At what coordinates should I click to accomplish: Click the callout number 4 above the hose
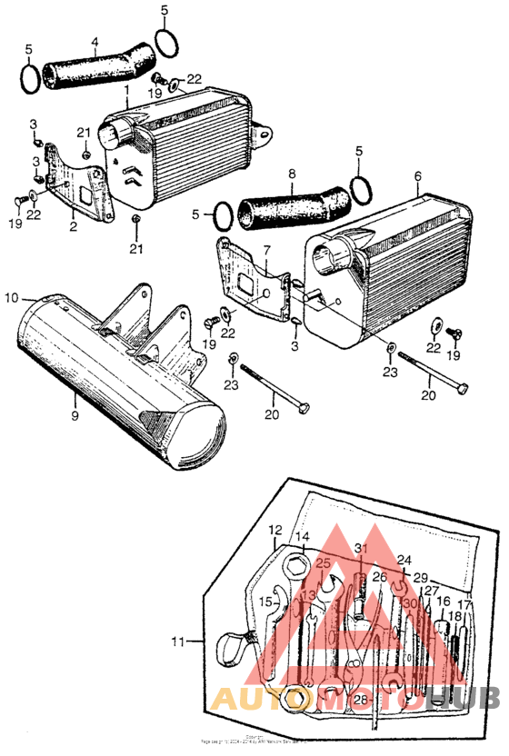(95, 41)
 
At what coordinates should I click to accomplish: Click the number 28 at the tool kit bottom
(361, 699)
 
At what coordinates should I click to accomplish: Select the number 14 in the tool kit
(302, 537)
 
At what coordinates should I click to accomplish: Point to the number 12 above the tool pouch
(275, 529)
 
